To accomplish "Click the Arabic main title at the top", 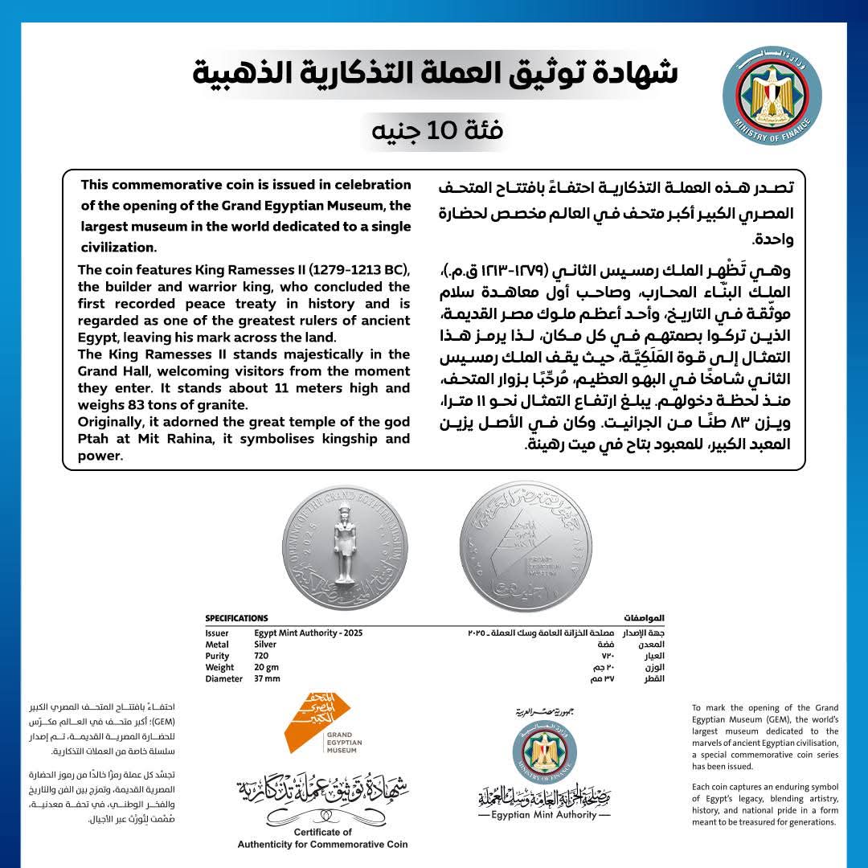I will pyautogui.click(x=435, y=73).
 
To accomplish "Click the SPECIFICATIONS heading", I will pyautogui.click(x=236, y=618).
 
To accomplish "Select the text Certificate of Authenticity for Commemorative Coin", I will pyautogui.click(x=322, y=838).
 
